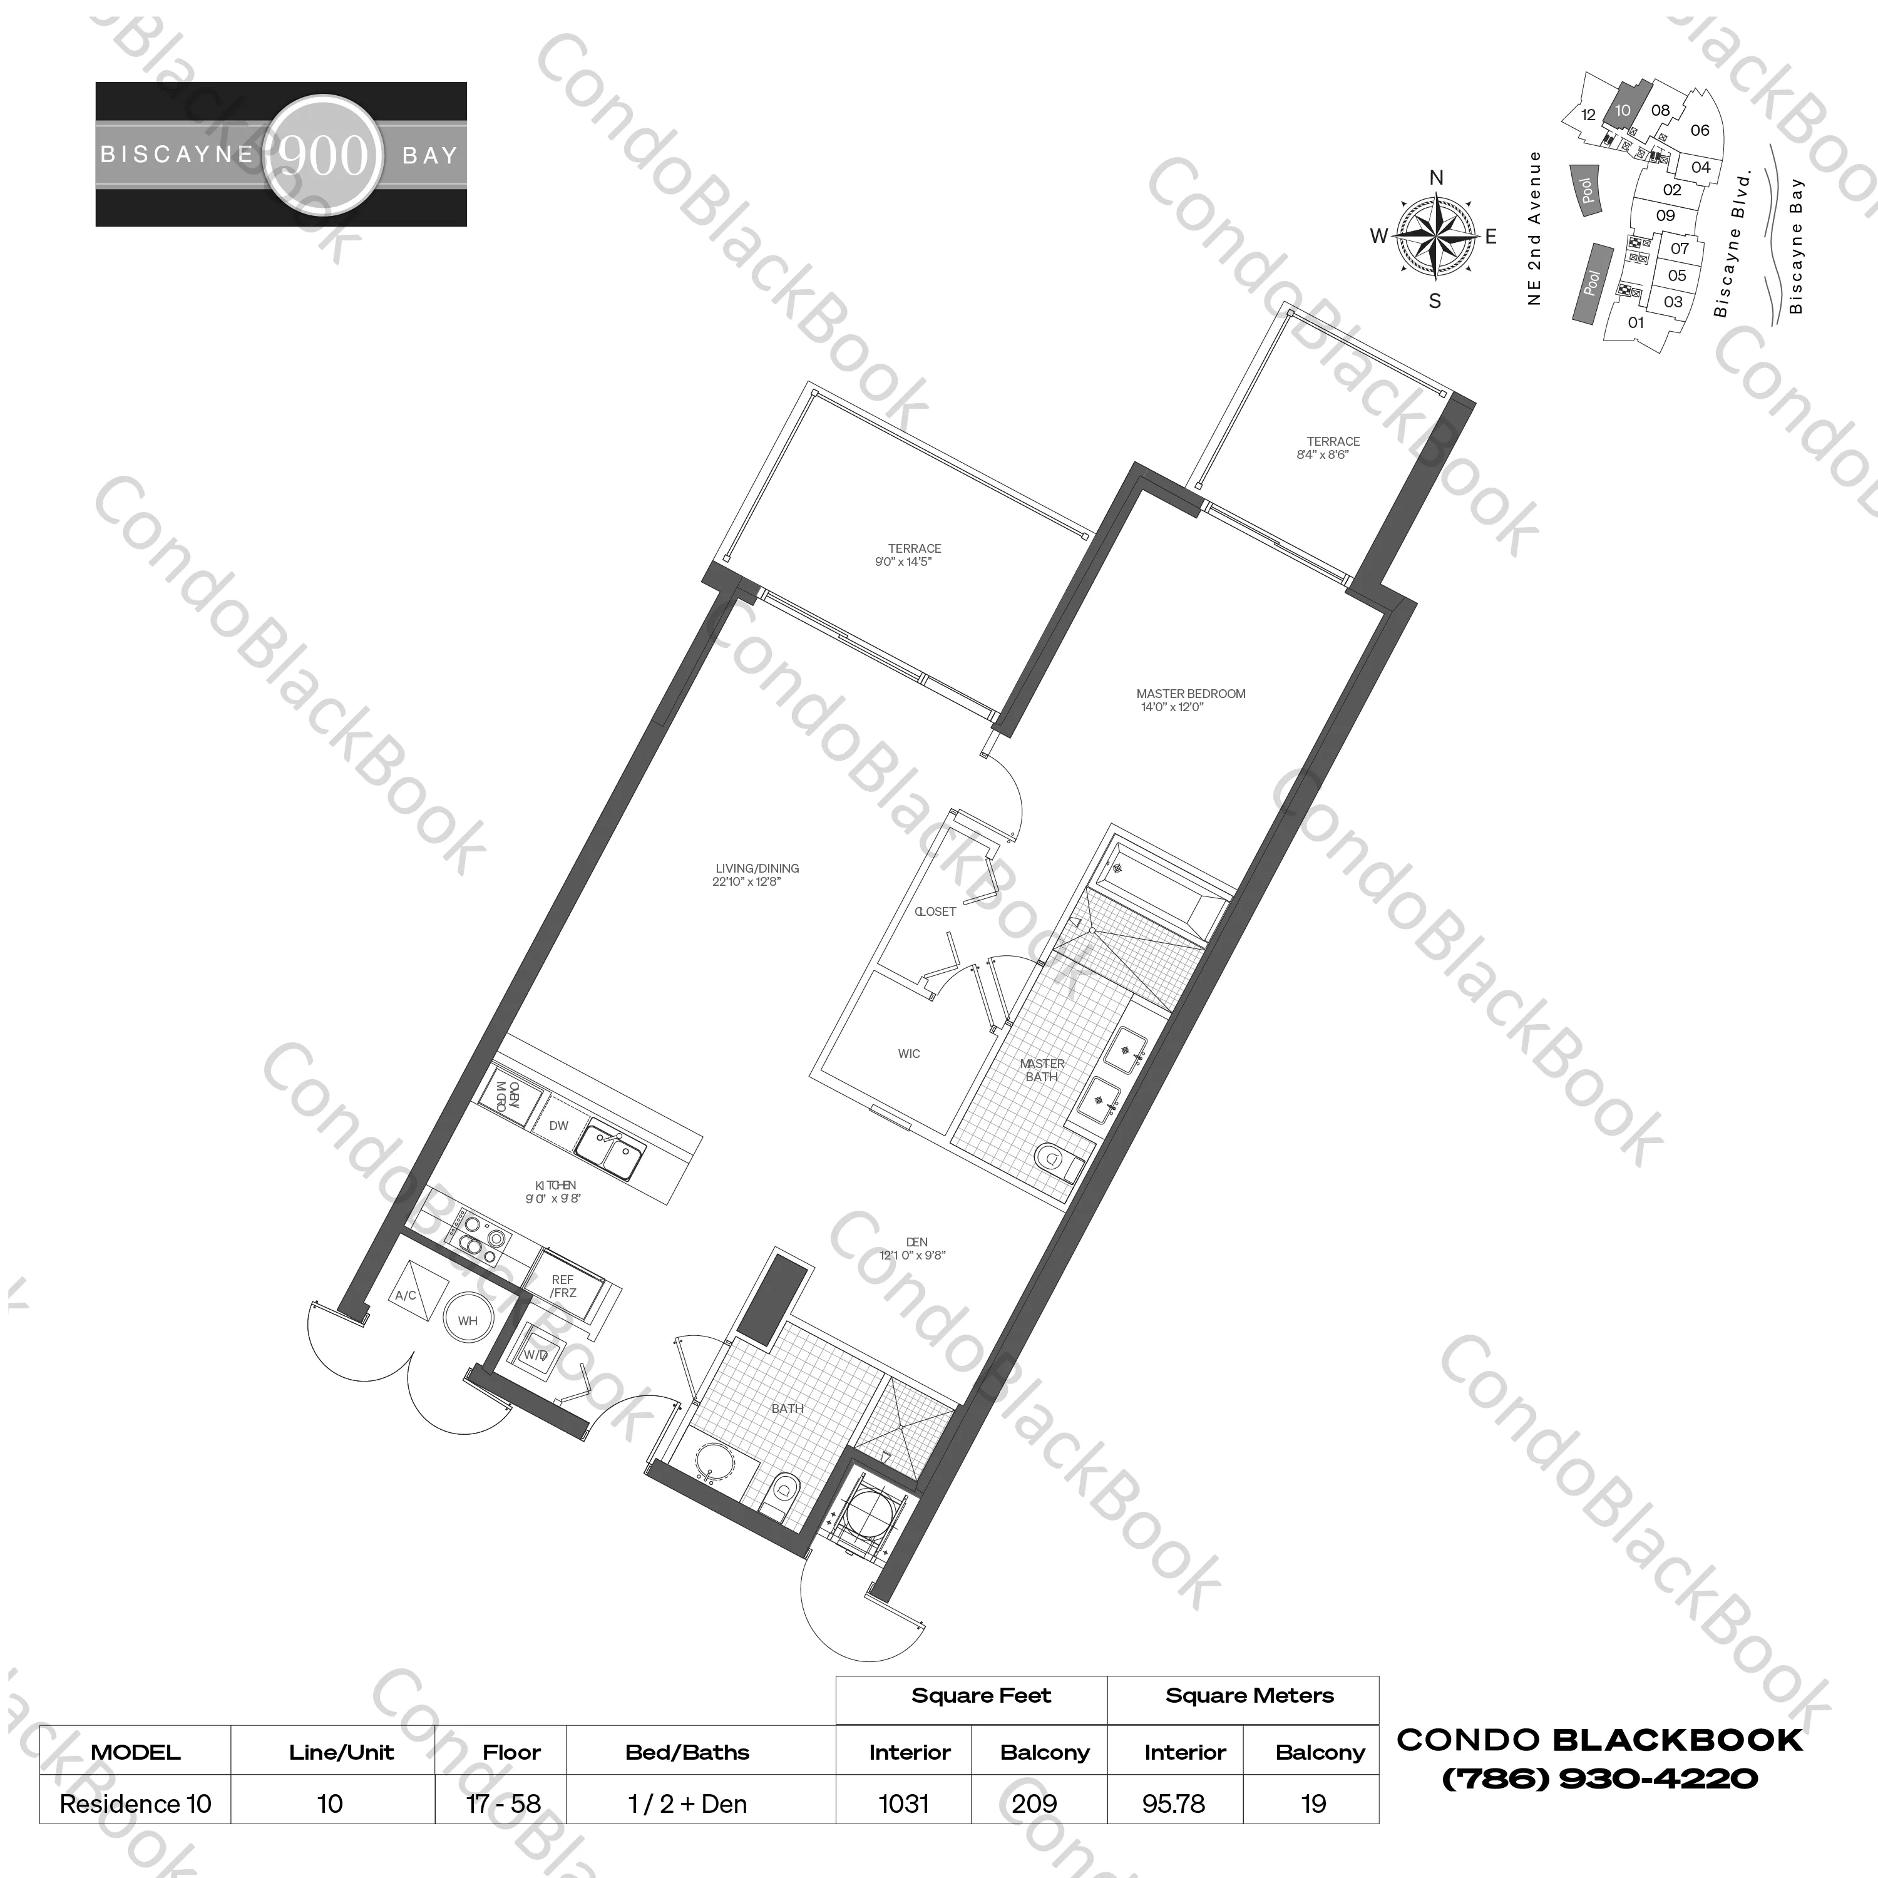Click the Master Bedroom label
pos(1190,694)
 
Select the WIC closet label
pos(909,1054)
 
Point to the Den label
pos(916,1242)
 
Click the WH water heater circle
pos(468,1320)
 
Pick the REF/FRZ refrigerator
pos(563,1286)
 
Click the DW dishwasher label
pos(559,1126)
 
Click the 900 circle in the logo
pos(324,155)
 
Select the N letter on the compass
pos(1435,178)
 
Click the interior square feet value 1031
pos(903,1804)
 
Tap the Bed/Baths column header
pos(687,1753)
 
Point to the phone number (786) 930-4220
pos(1599,1779)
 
